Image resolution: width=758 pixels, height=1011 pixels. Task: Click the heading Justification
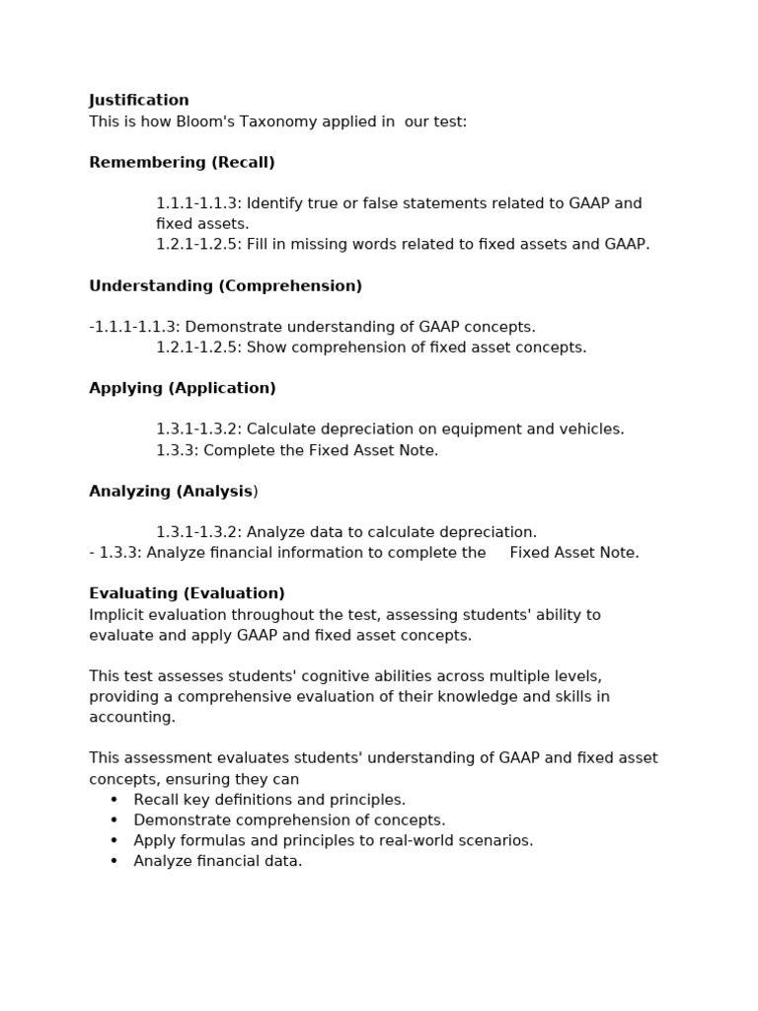pos(139,101)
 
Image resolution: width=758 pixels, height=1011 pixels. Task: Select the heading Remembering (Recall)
pos(182,163)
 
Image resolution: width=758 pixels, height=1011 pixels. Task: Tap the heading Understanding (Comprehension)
pos(225,286)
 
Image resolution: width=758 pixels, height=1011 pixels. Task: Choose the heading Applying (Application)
pos(183,389)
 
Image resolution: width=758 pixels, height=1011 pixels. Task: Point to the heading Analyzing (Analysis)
pos(172,492)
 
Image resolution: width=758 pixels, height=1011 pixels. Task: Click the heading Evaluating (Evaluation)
pos(187,593)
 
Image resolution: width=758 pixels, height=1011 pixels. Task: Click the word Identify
pos(273,204)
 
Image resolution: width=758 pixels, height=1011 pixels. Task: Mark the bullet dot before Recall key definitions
pos(114,800)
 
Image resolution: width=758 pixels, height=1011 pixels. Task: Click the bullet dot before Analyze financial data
pos(114,861)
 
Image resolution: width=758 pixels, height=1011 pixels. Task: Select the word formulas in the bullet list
pos(210,841)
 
